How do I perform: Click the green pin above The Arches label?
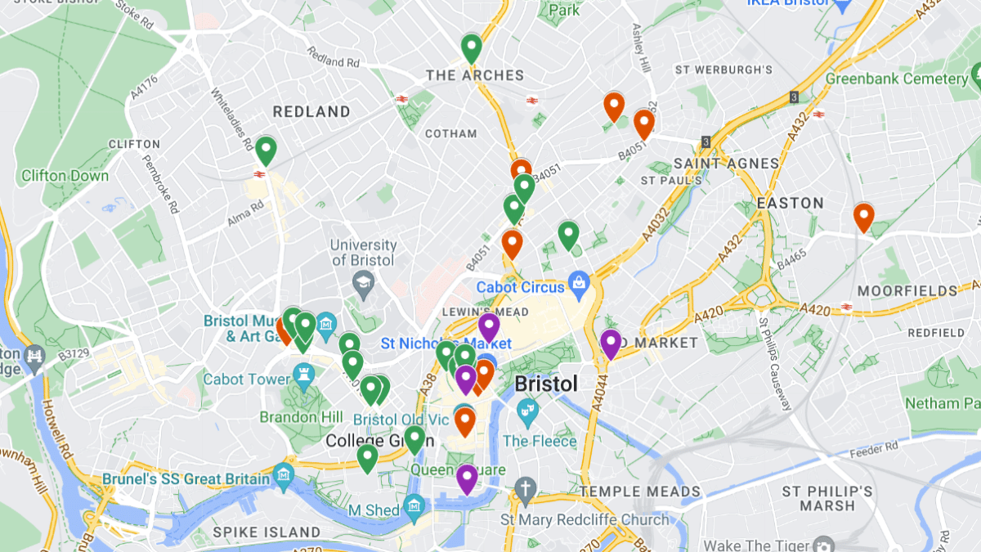pyautogui.click(x=471, y=47)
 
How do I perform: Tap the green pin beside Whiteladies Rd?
pyautogui.click(x=266, y=150)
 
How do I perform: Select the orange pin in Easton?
pyautogui.click(x=863, y=217)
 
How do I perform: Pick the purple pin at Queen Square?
pyautogui.click(x=467, y=478)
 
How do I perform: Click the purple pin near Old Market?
pyautogui.click(x=611, y=343)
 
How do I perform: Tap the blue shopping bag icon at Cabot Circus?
pyautogui.click(x=579, y=285)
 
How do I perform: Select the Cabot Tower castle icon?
pyautogui.click(x=305, y=378)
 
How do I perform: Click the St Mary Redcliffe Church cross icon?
pyautogui.click(x=525, y=491)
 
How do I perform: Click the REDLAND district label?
pyautogui.click(x=311, y=111)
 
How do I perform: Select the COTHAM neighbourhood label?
pyautogui.click(x=450, y=133)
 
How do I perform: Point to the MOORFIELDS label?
pyautogui.click(x=907, y=291)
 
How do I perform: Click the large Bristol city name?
pyautogui.click(x=546, y=384)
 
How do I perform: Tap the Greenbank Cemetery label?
pyautogui.click(x=896, y=79)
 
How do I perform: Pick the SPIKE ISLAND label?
pyautogui.click(x=267, y=532)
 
